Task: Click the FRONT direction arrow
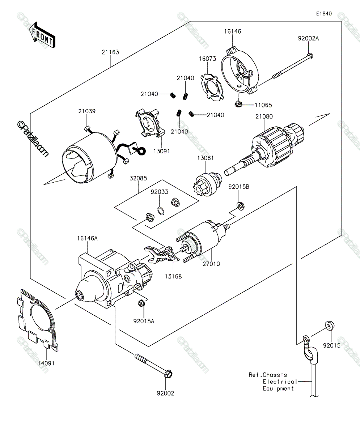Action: click(42, 35)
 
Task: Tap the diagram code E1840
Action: click(324, 14)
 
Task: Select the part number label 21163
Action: click(110, 52)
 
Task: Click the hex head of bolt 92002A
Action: click(310, 56)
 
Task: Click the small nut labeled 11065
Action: click(238, 103)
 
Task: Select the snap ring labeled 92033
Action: click(161, 211)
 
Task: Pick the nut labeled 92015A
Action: click(141, 303)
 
